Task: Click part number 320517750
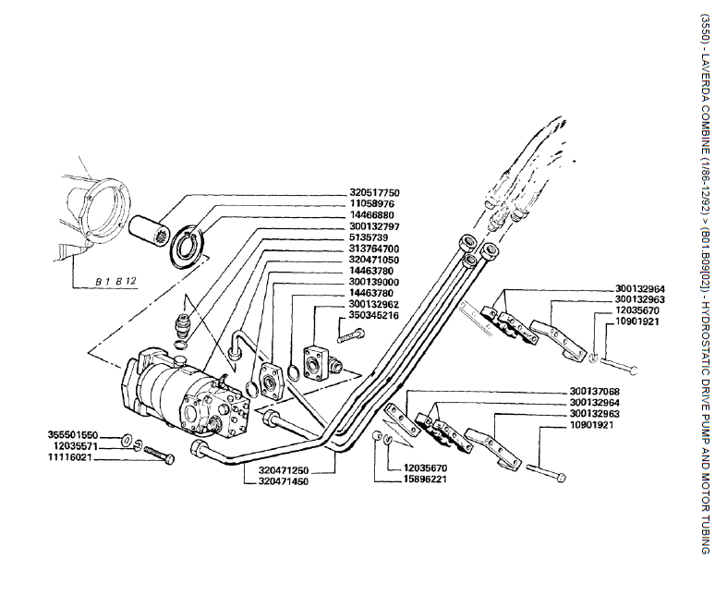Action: pos(374,193)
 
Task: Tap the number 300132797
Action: pos(374,226)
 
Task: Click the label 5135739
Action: pos(369,237)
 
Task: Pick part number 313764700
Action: pos(374,249)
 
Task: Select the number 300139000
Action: pos(374,282)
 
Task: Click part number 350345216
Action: pos(374,315)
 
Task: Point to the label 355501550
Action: pos(72,433)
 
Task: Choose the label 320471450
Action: pos(283,480)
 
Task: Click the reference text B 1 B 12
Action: pos(115,279)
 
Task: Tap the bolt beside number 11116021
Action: pos(159,456)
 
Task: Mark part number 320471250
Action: pos(283,469)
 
